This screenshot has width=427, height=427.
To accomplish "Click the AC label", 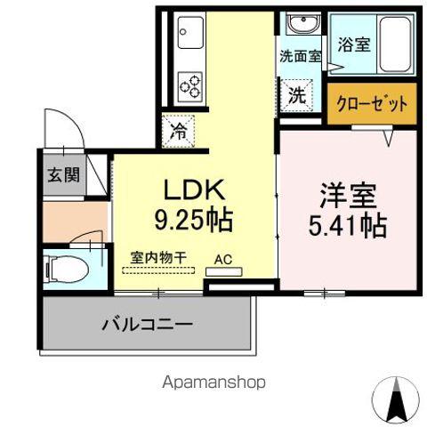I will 222,262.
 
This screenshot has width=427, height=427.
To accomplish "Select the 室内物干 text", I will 159,258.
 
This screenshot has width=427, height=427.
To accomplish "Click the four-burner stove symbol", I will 190,85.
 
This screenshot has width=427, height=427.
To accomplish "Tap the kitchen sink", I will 190,36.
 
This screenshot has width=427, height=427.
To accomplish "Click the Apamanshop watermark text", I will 213,382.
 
